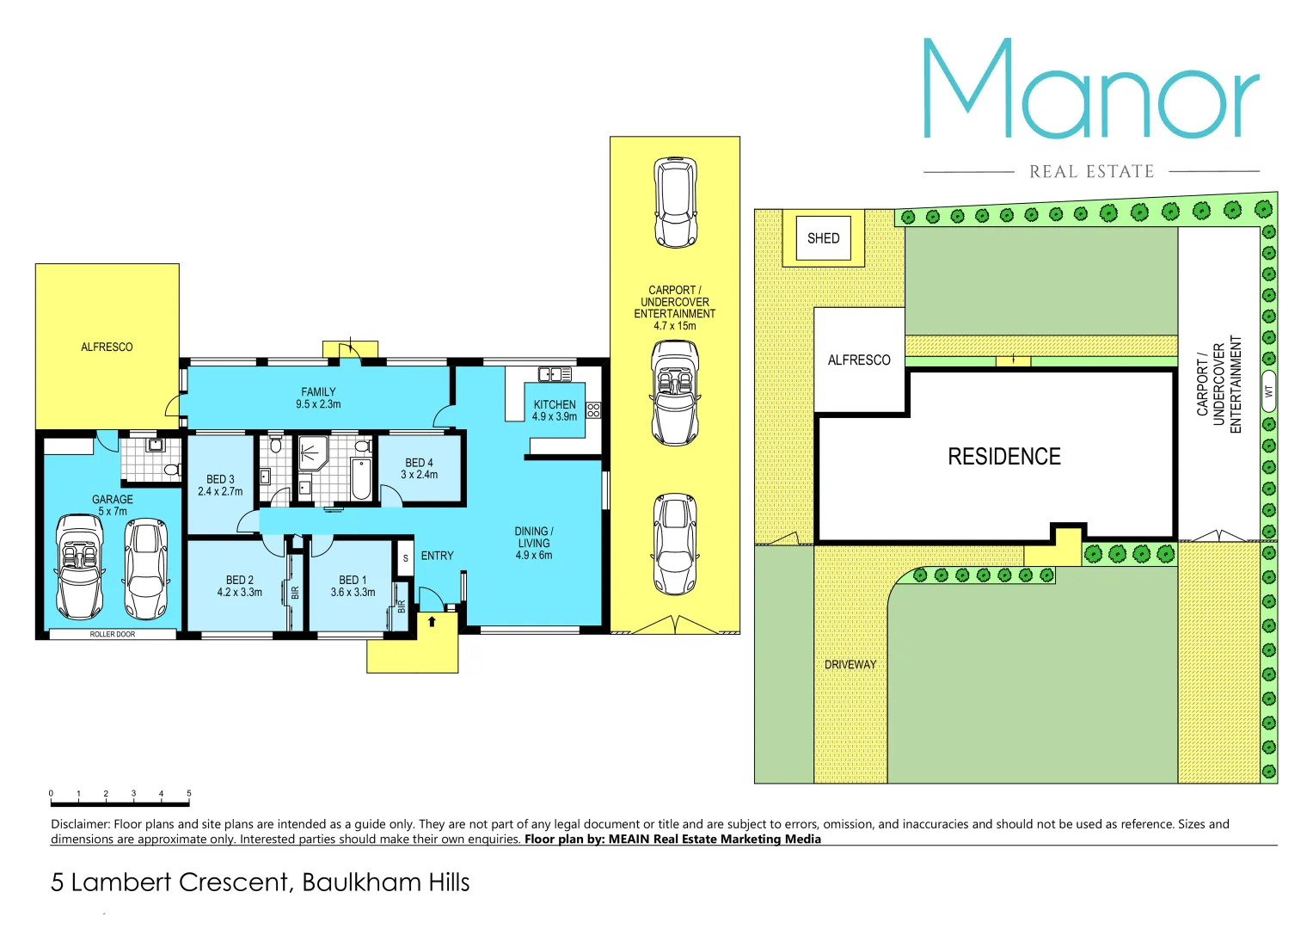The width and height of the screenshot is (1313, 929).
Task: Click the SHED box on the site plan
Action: (823, 238)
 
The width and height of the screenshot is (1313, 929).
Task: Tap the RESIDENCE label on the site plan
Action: (1003, 457)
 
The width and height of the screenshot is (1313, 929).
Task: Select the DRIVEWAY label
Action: (850, 665)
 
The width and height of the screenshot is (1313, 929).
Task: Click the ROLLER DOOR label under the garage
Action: (113, 635)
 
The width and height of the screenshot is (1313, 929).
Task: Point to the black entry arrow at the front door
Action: (432, 621)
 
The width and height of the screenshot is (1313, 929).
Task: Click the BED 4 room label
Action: (419, 463)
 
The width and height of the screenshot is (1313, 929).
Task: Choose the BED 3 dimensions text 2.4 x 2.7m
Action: (220, 492)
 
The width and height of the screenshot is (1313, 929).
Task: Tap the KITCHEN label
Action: (555, 404)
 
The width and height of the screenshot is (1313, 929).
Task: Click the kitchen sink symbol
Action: (555, 374)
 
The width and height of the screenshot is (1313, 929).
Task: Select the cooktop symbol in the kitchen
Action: (593, 410)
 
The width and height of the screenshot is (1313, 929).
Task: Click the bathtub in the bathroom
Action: (361, 480)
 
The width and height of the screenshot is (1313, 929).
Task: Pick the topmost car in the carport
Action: (675, 202)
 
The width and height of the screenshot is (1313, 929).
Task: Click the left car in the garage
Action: (79, 566)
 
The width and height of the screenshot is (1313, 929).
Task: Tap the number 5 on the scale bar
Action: (189, 794)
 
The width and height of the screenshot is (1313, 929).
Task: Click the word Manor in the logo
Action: (1090, 90)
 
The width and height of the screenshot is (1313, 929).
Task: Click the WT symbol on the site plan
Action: (1268, 391)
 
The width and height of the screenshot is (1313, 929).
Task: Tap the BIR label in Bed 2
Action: (295, 593)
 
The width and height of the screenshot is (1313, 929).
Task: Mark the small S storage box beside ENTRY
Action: (405, 558)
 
